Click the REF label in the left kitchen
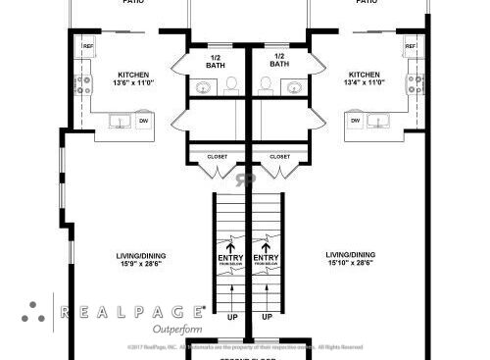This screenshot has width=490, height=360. tap(87, 46)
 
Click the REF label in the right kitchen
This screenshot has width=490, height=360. tap(411, 46)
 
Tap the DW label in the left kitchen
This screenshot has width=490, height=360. tap(143, 121)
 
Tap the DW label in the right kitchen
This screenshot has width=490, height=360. tap(355, 121)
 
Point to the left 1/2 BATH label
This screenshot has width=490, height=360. tap(216, 60)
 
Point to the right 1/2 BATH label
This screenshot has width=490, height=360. tap(278, 60)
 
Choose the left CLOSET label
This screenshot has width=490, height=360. tap(218, 156)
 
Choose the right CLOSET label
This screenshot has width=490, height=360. tap(279, 156)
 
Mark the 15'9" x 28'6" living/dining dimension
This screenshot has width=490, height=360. tap(139, 263)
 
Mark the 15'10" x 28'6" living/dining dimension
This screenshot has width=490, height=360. tap(350, 263)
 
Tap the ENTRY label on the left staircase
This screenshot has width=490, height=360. tap(231, 258)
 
